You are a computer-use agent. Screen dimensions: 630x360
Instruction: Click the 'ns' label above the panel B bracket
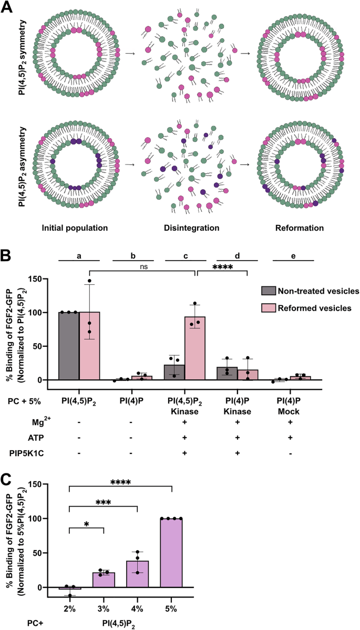pos(143,266)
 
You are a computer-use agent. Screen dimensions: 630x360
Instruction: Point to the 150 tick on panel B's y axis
pos(34,278)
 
